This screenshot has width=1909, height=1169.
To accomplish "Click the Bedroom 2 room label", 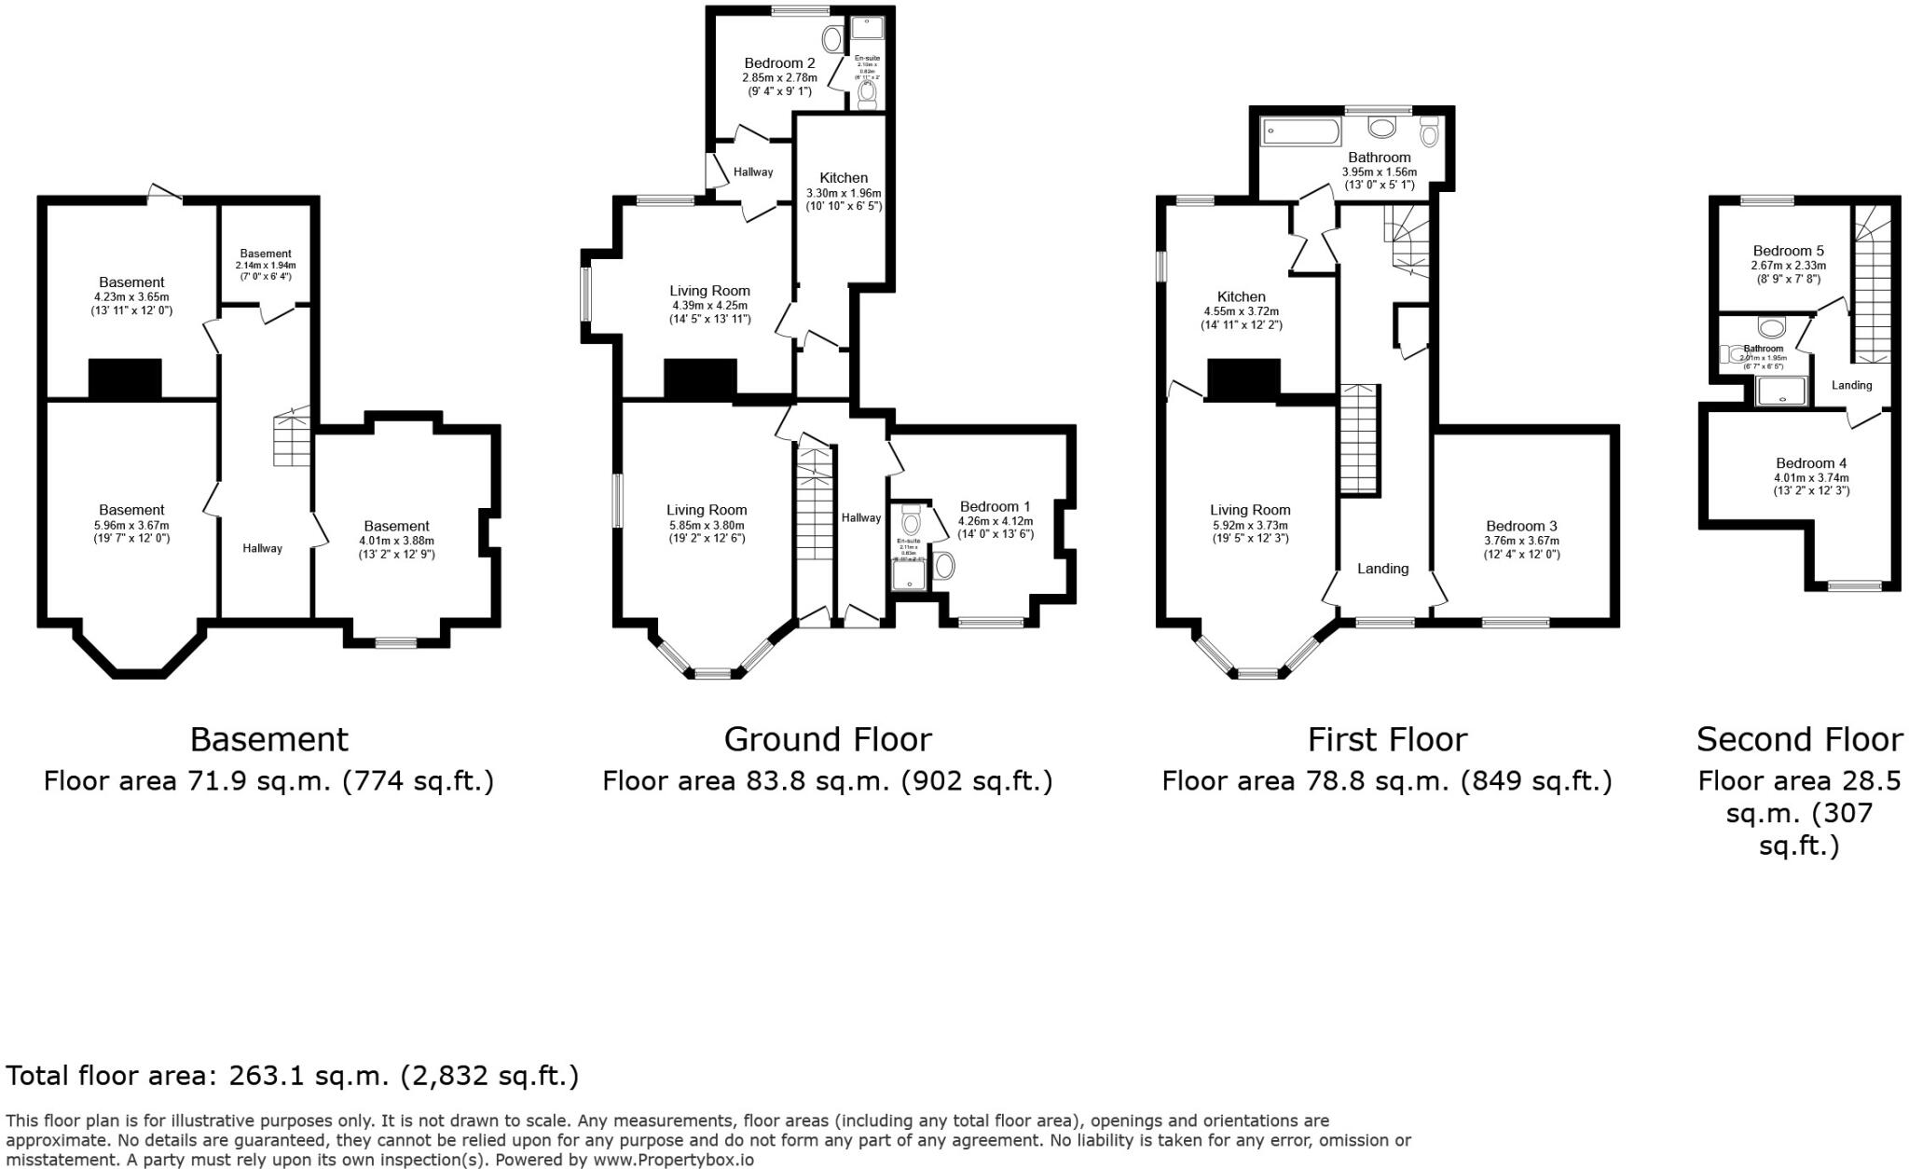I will coord(779,63).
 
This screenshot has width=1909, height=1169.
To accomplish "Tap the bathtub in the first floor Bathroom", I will coord(1299,131).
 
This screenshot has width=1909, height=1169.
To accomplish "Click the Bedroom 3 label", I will coord(1521,526).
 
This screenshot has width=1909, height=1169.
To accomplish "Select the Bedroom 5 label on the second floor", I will coord(1788,251).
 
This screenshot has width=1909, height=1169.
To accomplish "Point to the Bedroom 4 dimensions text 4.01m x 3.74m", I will coord(1810,477).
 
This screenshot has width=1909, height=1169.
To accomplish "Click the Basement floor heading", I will coord(268,739).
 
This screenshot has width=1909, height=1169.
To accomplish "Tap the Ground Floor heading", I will coord(827,739).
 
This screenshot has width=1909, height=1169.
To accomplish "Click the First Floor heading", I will coord(1386,739).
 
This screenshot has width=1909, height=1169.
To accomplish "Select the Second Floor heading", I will coord(1798,739).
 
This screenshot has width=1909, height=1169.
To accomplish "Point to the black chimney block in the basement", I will coord(125,378).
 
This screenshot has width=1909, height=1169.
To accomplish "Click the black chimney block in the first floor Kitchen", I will coord(1243,378).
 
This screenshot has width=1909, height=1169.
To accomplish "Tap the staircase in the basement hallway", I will coord(292,438).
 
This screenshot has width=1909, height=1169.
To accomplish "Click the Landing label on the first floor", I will coord(1382,569).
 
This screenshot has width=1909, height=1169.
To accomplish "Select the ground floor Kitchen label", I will coord(844,178).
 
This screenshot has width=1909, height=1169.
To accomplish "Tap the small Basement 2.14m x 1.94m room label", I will coord(266,254).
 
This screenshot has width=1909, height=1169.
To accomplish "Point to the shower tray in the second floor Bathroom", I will coord(1781,392).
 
